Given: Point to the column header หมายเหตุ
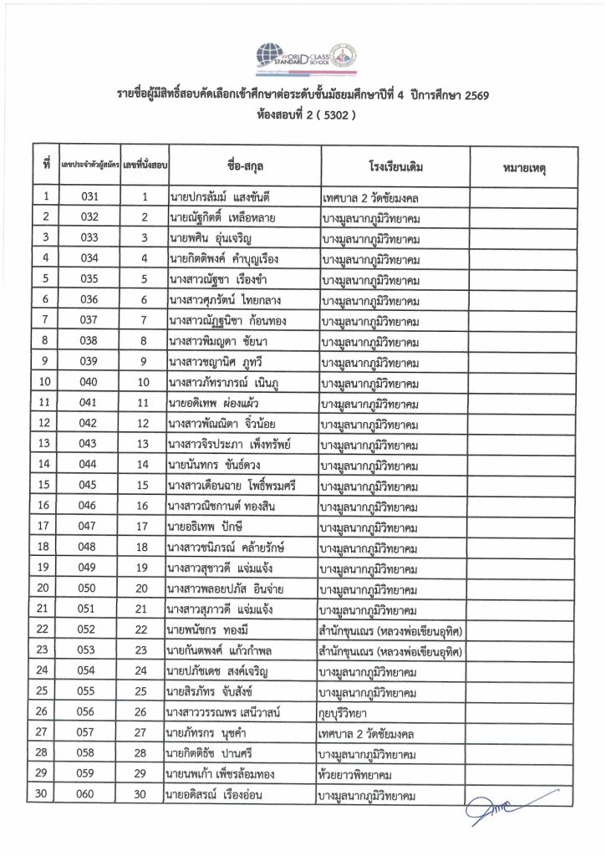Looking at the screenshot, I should point(523,167).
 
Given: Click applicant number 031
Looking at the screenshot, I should point(89,197).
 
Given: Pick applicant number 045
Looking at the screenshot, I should point(89,485).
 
